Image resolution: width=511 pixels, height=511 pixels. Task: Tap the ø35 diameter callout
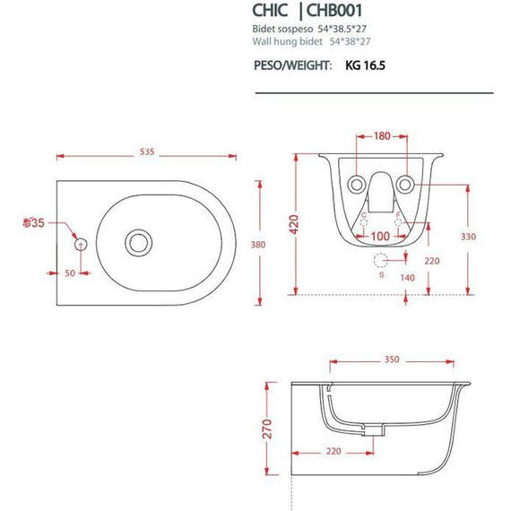tap(32, 222)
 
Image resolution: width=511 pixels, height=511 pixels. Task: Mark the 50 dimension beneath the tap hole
tap(69, 273)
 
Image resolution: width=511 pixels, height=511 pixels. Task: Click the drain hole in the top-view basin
tap(138, 241)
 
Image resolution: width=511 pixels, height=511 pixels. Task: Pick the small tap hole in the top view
tap(81, 242)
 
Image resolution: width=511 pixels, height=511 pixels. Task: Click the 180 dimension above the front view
tap(382, 136)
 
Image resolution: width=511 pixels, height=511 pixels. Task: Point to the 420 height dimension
tap(293, 223)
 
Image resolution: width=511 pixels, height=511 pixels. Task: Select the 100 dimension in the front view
tap(381, 237)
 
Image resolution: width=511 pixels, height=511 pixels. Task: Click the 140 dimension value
tap(408, 279)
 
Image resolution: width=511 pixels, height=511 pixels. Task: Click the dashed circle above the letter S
tap(383, 261)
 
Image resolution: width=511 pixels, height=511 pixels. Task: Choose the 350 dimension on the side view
tap(391, 360)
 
